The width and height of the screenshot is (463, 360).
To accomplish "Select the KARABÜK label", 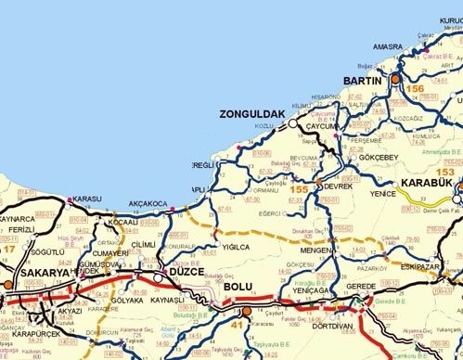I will click(427, 183).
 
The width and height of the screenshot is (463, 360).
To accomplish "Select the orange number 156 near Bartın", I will click(416, 89).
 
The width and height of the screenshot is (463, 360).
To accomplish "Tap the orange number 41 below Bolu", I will click(233, 326).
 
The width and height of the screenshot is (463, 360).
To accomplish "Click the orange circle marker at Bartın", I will click(393, 81).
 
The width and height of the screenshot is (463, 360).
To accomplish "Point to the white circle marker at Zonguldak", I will click(291, 122).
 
